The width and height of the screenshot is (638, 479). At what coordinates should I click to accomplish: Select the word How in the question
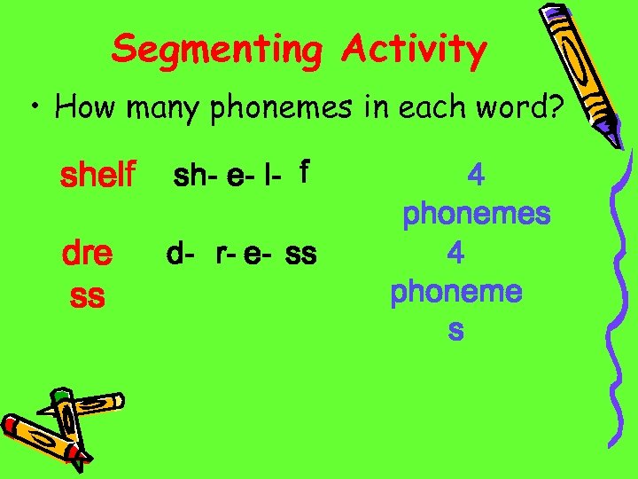pos(86,107)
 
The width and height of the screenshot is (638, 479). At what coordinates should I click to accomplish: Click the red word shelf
pos(97,175)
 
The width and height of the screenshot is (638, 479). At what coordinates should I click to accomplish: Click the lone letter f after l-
pos(304,169)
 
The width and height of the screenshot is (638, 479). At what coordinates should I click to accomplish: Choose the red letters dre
pos(87,255)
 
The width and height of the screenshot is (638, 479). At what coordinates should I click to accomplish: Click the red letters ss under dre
pos(86,295)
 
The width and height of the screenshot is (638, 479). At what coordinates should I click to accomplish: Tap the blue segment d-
pos(181,255)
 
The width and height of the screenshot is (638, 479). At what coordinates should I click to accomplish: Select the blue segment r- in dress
pos(227,255)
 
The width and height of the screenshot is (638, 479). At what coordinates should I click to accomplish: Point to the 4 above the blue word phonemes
pos(476,175)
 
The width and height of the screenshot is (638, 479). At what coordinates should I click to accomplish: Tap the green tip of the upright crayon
pos(61,396)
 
